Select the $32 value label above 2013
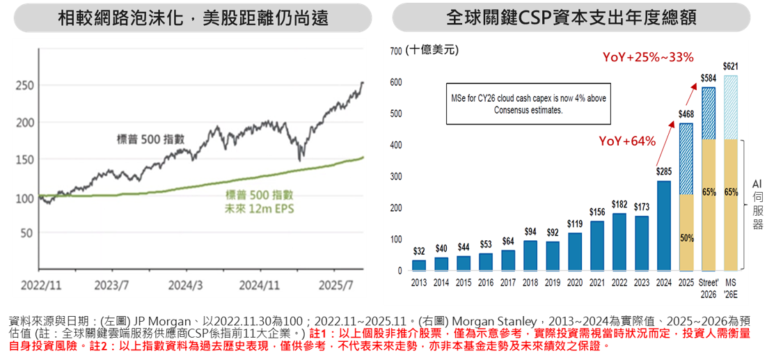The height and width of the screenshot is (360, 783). point(419,251)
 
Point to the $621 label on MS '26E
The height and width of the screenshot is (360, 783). point(731,67)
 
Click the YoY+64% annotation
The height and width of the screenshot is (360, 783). point(627,141)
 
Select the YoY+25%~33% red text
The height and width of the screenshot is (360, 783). point(647,57)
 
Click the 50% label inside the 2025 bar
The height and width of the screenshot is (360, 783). point(686,238)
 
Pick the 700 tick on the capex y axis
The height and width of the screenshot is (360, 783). point(396,51)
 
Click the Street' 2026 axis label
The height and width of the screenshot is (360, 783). point(709,288)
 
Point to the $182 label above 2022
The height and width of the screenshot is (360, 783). point(619,204)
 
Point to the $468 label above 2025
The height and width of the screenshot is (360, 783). point(686,114)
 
